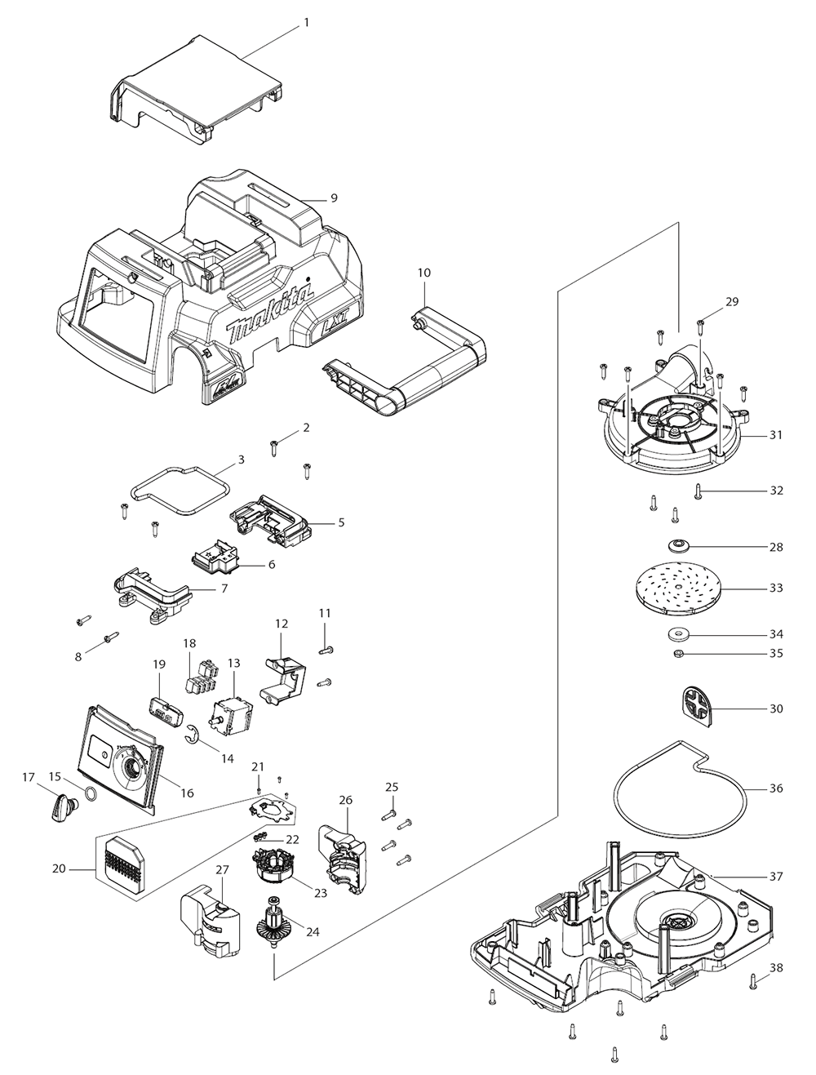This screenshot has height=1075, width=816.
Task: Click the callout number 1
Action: pos(306,23)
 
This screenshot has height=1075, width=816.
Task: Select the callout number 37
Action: pos(776,877)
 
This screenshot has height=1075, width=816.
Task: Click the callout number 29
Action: pos(731,302)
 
